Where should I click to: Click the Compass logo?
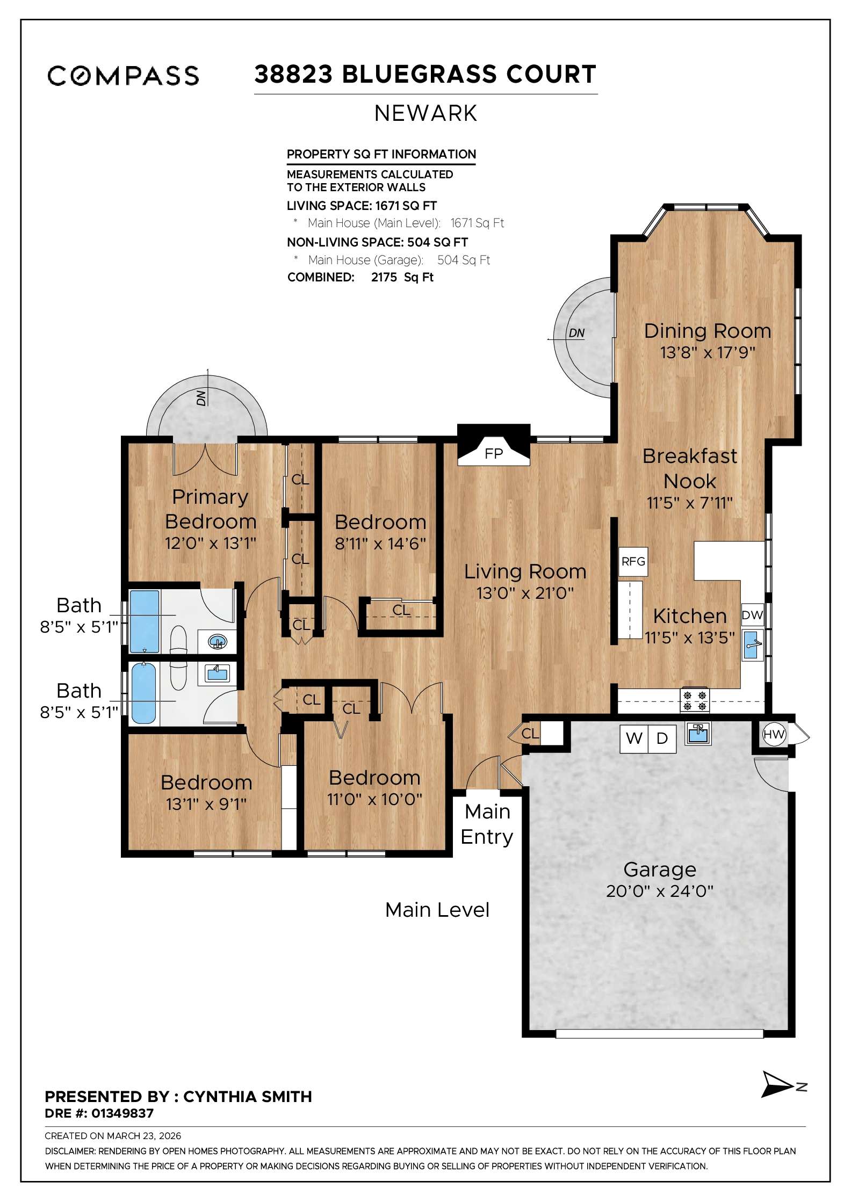point(123,76)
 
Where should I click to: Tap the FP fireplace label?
point(494,454)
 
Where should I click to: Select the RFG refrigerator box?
point(633,562)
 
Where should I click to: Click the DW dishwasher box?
point(752,615)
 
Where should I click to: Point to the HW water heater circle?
point(774,734)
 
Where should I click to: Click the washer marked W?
point(634,739)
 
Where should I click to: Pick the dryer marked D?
point(662,739)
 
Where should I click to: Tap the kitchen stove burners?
point(695,701)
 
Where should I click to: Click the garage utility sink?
point(698,734)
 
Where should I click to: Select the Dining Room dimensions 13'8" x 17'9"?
point(708,353)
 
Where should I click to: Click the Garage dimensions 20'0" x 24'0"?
point(660,892)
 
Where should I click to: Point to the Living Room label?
point(525,571)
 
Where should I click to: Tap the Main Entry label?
point(487,824)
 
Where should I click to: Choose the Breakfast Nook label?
point(690,468)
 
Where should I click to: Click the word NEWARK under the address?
point(425,113)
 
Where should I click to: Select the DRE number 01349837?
point(122,1113)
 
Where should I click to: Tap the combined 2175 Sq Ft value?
point(402,277)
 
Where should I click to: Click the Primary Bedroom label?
point(210,509)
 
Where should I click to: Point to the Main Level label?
point(437,910)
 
